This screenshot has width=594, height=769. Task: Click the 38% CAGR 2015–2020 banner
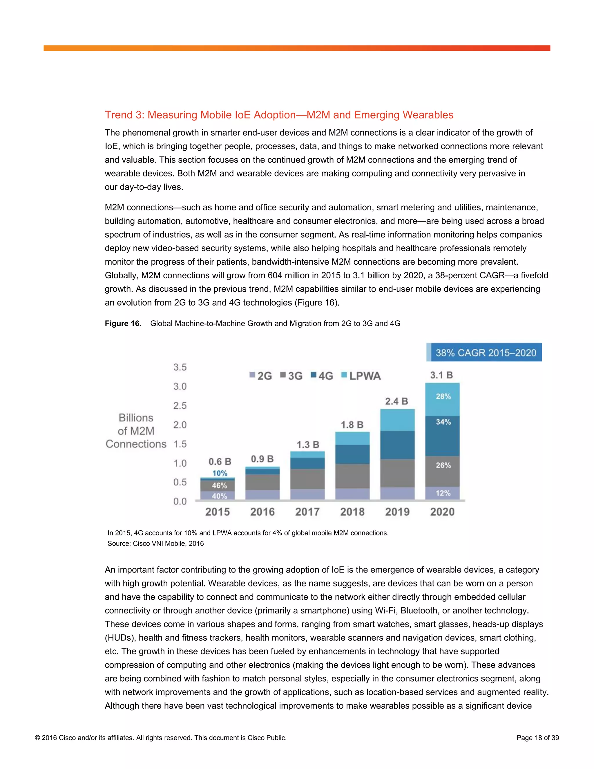(485, 353)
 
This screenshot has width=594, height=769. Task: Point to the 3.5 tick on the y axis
(180, 367)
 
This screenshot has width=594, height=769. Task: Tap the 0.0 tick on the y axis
(180, 501)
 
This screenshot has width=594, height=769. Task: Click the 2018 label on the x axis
(352, 512)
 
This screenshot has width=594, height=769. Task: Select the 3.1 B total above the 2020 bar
(441, 375)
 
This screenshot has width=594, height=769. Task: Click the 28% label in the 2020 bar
(443, 396)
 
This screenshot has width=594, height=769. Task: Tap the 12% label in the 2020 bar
(443, 493)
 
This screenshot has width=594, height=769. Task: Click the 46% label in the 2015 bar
(219, 485)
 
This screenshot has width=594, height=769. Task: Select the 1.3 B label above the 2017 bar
(307, 445)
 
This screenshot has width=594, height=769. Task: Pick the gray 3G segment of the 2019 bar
(397, 473)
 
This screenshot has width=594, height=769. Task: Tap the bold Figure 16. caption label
(123, 323)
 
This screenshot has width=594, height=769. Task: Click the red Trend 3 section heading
(279, 115)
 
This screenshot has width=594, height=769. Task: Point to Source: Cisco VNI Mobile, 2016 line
(155, 543)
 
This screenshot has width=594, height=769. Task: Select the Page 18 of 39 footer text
(537, 738)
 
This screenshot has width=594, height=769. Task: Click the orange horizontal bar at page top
(297, 48)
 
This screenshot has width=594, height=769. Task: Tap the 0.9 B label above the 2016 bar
(262, 459)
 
